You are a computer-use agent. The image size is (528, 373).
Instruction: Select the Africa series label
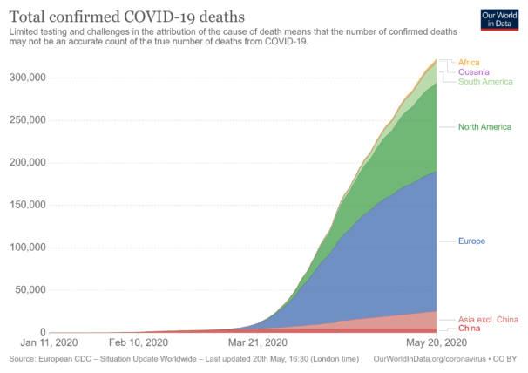pyautogui.click(x=469, y=63)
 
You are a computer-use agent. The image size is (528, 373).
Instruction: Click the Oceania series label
pyautogui.click(x=473, y=71)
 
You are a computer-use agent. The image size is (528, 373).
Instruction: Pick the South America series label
pyautogui.click(x=484, y=81)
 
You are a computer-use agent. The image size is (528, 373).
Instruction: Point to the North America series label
pyautogui.click(x=484, y=127)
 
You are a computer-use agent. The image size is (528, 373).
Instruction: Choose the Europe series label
pyautogui.click(x=471, y=241)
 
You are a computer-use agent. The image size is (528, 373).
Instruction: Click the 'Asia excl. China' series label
pyautogui.click(x=488, y=320)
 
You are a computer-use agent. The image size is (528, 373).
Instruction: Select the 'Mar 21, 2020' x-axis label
pyautogui.click(x=257, y=342)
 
